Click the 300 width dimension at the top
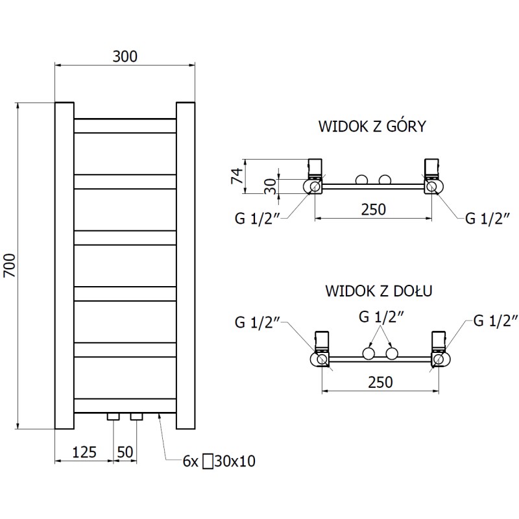click(x=125, y=56)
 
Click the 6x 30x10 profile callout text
click(x=219, y=461)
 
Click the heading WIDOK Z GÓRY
click(x=372, y=126)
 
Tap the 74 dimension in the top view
click(x=237, y=175)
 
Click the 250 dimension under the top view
click(x=373, y=210)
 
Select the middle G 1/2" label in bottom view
click(x=382, y=318)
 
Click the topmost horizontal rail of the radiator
click(x=125, y=125)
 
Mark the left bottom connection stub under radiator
click(x=114, y=416)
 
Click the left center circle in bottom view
click(x=368, y=353)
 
